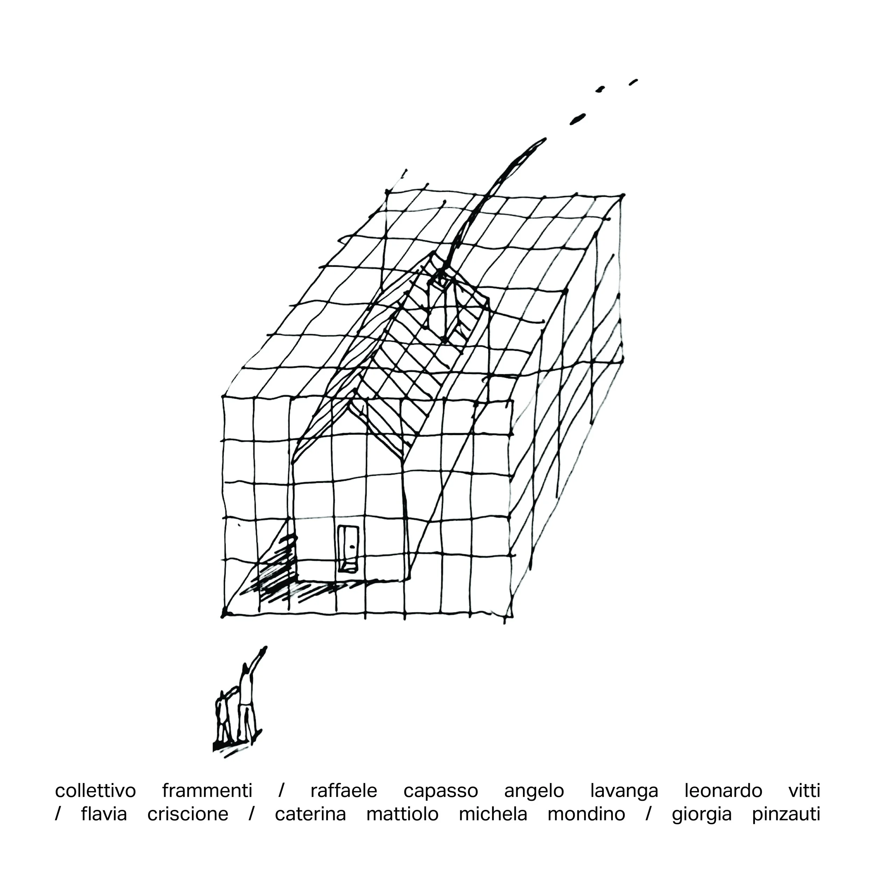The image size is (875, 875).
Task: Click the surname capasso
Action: tap(441, 792)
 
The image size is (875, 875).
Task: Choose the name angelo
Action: tap(534, 792)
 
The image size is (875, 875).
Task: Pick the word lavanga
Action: tap(624, 792)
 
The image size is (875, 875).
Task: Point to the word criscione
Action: tap(188, 814)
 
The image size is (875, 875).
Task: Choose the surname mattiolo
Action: tap(402, 814)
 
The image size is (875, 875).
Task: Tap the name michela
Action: tap(493, 814)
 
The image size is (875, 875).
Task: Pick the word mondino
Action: tap(587, 814)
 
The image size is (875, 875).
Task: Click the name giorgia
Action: tap(702, 815)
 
